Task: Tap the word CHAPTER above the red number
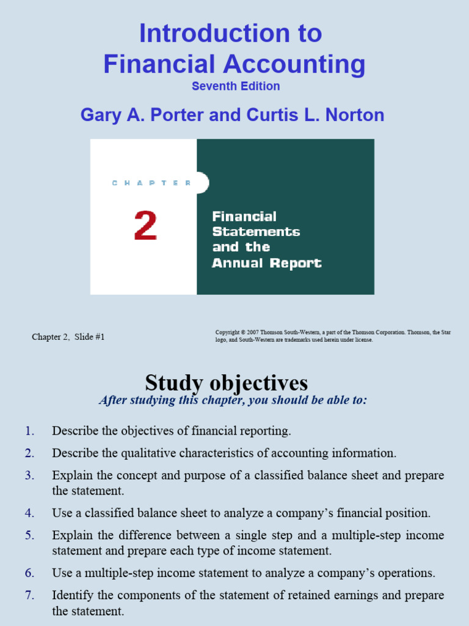(152, 183)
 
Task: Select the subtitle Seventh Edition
(236, 86)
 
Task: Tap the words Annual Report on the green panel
(267, 263)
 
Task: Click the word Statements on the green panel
(256, 232)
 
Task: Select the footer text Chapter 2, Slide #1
(68, 337)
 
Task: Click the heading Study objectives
(227, 383)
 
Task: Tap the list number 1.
(30, 431)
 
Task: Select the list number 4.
(30, 513)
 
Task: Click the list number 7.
(30, 595)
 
